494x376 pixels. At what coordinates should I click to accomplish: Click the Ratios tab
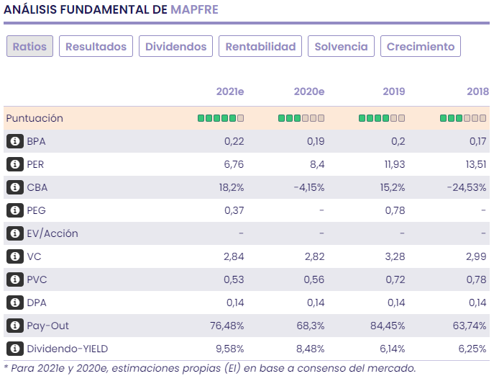click(29, 47)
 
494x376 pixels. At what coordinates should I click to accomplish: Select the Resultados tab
click(96, 47)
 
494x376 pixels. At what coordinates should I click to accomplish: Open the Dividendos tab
click(175, 47)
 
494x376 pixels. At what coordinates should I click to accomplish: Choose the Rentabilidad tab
click(260, 47)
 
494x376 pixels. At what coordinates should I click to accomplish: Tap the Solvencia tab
click(341, 47)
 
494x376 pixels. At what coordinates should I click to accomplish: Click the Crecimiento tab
click(421, 47)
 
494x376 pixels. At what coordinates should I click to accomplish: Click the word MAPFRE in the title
click(194, 9)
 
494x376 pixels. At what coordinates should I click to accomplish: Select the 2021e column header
click(230, 91)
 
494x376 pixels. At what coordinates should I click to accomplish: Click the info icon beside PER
click(14, 164)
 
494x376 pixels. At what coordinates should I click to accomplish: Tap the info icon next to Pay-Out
click(14, 326)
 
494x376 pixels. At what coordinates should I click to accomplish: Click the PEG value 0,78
click(395, 210)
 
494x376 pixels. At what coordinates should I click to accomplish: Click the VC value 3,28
click(395, 256)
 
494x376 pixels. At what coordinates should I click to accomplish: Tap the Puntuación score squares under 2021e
click(221, 118)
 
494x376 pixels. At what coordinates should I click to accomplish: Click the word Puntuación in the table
click(35, 118)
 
